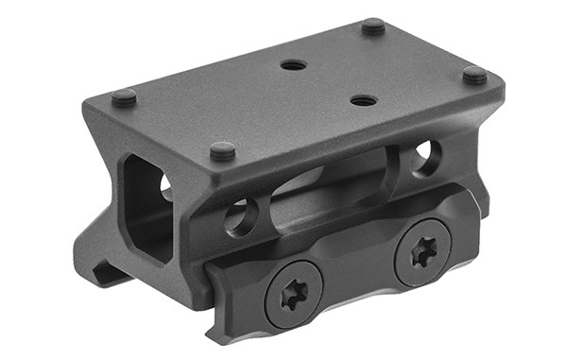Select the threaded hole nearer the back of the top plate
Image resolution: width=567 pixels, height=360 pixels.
point(294,65)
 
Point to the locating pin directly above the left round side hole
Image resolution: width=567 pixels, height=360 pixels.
point(222,149)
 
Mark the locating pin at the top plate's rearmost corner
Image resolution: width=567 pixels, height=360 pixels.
point(374,26)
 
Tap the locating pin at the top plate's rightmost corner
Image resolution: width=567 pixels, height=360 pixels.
point(474,73)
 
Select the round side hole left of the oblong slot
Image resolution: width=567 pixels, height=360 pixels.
point(238,217)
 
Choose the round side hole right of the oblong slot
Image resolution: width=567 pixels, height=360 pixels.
point(425,155)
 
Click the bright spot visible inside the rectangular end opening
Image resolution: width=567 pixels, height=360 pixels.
point(166,186)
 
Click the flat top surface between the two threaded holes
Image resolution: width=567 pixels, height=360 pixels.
point(326,82)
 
